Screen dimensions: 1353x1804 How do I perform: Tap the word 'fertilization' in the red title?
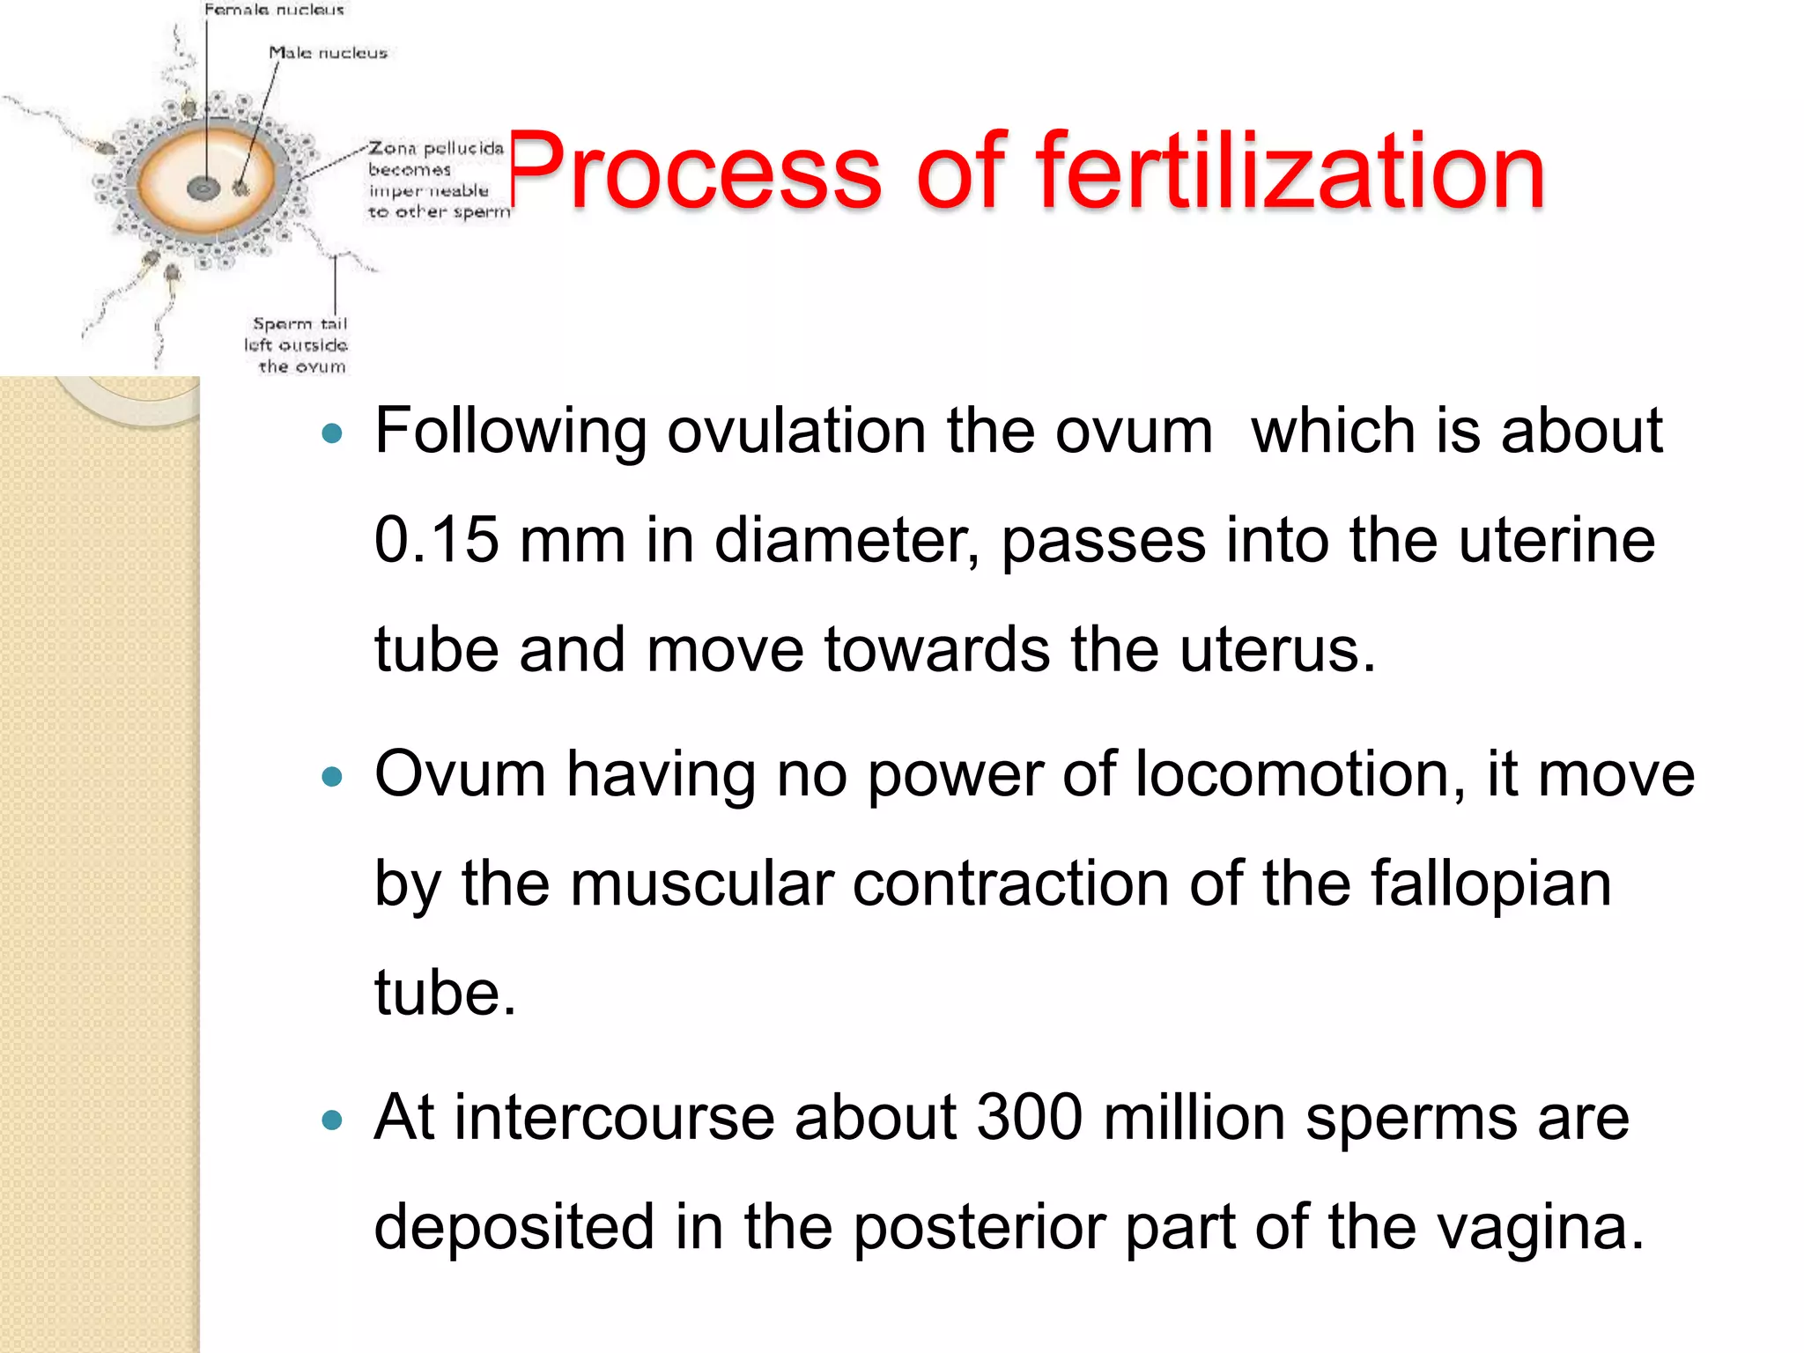pyautogui.click(x=1290, y=172)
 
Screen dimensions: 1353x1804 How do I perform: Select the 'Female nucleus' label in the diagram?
pyautogui.click(x=274, y=10)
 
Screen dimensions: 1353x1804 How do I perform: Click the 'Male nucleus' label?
pyautogui.click(x=328, y=53)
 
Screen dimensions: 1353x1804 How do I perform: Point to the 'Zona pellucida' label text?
pyautogui.click(x=436, y=148)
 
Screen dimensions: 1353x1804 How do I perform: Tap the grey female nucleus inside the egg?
pyautogui.click(x=203, y=188)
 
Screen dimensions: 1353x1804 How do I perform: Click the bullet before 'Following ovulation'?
pyautogui.click(x=331, y=433)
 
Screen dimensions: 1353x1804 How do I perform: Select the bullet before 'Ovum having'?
pyautogui.click(x=331, y=777)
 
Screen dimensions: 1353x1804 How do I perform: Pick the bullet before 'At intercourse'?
pyautogui.click(x=331, y=1120)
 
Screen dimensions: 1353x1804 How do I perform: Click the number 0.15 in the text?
pyautogui.click(x=436, y=540)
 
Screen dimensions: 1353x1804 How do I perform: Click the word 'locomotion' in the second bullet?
pyautogui.click(x=1290, y=774)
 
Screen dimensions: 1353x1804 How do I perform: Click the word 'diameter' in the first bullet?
pyautogui.click(x=846, y=540)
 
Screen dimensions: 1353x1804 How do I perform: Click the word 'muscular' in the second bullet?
pyautogui.click(x=701, y=884)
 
